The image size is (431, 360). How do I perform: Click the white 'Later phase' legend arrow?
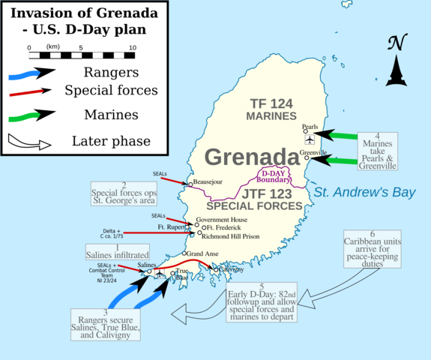[29, 141]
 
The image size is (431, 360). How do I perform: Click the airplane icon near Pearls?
[310, 140]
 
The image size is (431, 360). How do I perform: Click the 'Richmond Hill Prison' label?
[232, 235]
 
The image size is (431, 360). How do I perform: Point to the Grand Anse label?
[202, 254]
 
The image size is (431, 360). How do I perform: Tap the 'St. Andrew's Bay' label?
[364, 193]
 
